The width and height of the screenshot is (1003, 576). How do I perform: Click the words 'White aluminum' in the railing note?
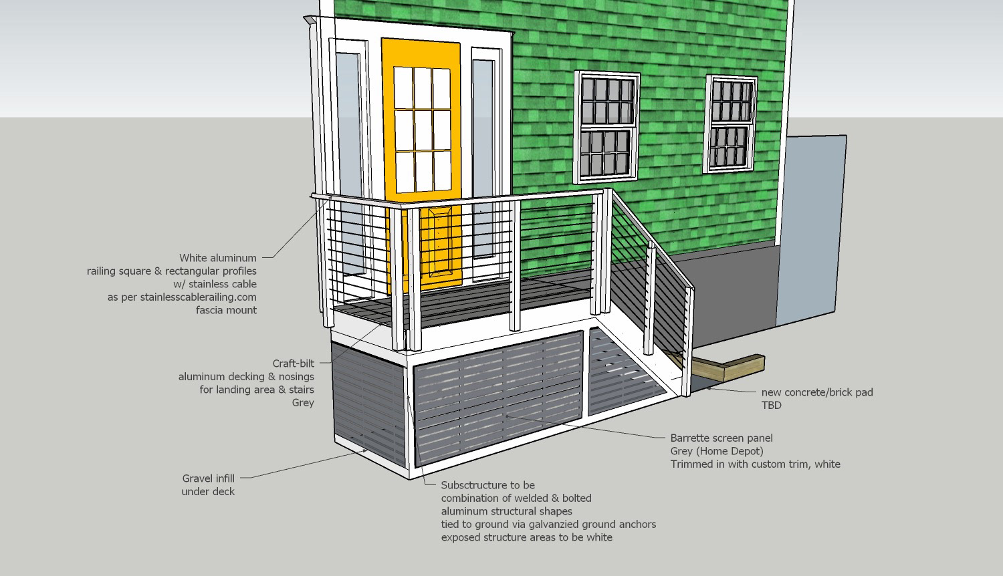tap(217, 258)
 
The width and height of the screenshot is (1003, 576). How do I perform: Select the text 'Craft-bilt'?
tap(293, 364)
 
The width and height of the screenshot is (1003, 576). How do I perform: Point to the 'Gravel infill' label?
tap(208, 478)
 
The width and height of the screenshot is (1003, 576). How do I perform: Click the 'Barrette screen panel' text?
tap(721, 438)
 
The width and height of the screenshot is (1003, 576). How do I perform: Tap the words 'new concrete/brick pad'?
tap(817, 392)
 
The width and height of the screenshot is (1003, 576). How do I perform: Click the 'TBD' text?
tap(771, 405)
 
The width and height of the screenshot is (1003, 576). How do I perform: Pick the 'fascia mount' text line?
tap(226, 310)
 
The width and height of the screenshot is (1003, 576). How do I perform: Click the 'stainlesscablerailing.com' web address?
tap(198, 297)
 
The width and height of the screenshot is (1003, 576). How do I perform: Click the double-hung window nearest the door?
tap(606, 127)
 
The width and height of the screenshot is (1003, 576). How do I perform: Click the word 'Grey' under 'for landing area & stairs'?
tap(303, 403)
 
